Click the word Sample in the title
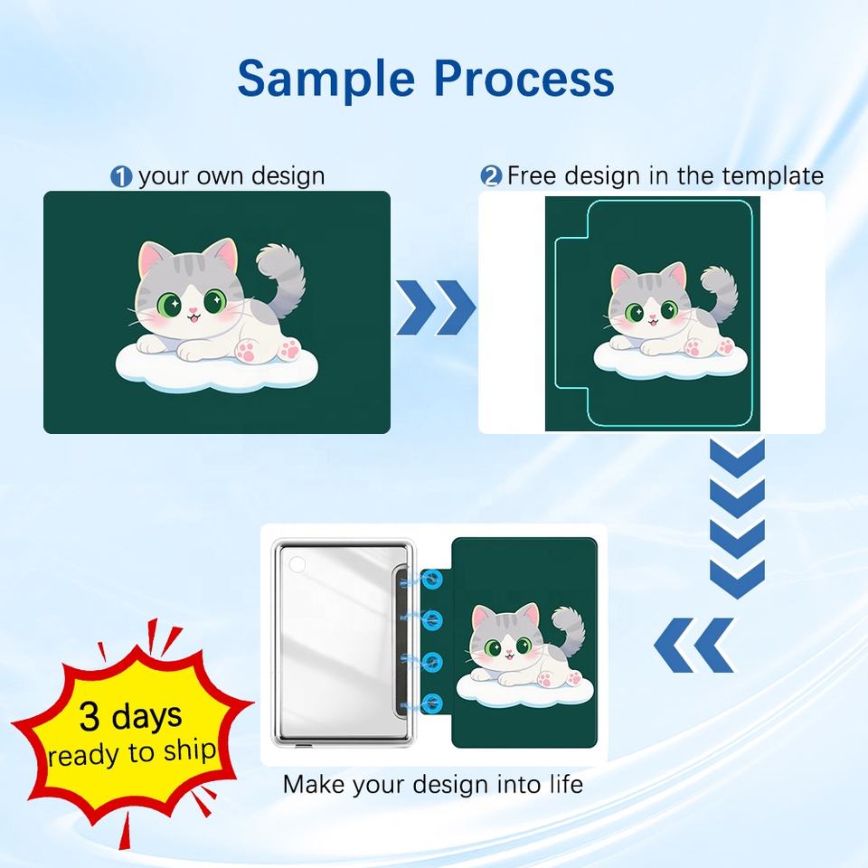(326, 80)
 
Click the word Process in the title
(524, 78)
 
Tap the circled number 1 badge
(121, 177)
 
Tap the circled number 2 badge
(490, 176)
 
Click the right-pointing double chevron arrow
(436, 307)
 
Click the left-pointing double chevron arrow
(694, 645)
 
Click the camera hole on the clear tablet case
(297, 565)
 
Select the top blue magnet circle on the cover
(432, 580)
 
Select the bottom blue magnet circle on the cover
(432, 703)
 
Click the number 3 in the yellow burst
(90, 716)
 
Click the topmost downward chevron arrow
(738, 458)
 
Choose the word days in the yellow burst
(146, 716)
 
